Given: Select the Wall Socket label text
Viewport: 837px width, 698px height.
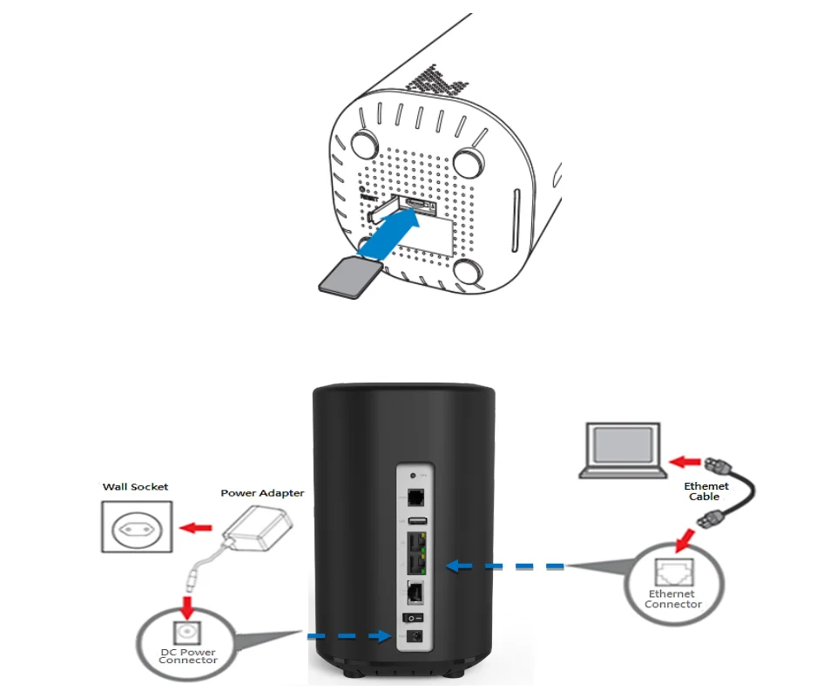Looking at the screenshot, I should pos(136,487).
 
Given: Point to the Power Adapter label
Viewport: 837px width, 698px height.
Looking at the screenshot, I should pos(262,493).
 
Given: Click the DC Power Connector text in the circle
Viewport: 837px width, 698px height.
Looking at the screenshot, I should pos(187,655).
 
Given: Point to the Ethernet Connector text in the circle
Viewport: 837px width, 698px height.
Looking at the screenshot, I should pos(673,600).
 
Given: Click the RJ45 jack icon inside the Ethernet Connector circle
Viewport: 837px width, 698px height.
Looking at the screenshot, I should pos(672,572).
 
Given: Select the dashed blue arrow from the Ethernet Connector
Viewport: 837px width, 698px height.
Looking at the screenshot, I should pos(505,566).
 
